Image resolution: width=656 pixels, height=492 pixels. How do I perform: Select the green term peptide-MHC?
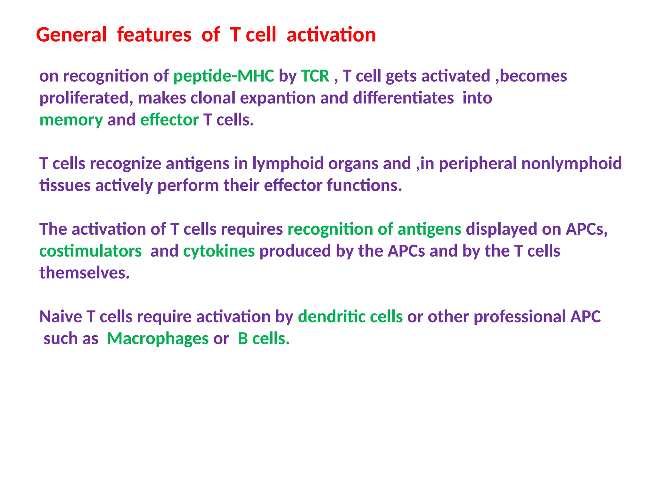pyautogui.click(x=224, y=76)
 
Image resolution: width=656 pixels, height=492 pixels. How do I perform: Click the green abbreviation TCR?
pyautogui.click(x=315, y=76)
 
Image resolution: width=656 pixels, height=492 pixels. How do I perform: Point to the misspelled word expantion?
pyautogui.click(x=277, y=98)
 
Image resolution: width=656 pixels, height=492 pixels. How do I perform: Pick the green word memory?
pyautogui.click(x=71, y=120)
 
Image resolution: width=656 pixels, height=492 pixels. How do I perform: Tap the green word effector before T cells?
pyautogui.click(x=169, y=120)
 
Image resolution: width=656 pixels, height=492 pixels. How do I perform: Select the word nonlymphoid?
pyautogui.click(x=571, y=164)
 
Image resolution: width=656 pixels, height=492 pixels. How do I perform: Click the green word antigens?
pyautogui.click(x=429, y=229)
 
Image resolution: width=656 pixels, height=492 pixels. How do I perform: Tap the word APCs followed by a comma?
pyautogui.click(x=586, y=229)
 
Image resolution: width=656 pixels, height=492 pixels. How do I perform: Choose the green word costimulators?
pyautogui.click(x=90, y=251)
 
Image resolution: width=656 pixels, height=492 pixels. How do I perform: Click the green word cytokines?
pyautogui.click(x=219, y=251)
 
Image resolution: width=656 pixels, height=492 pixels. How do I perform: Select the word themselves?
pyautogui.click(x=84, y=273)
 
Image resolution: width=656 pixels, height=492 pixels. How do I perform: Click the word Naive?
pyautogui.click(x=61, y=317)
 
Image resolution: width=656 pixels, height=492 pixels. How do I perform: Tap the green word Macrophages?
pyautogui.click(x=158, y=339)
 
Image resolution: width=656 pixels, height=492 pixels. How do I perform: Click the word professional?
pyautogui.click(x=520, y=317)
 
